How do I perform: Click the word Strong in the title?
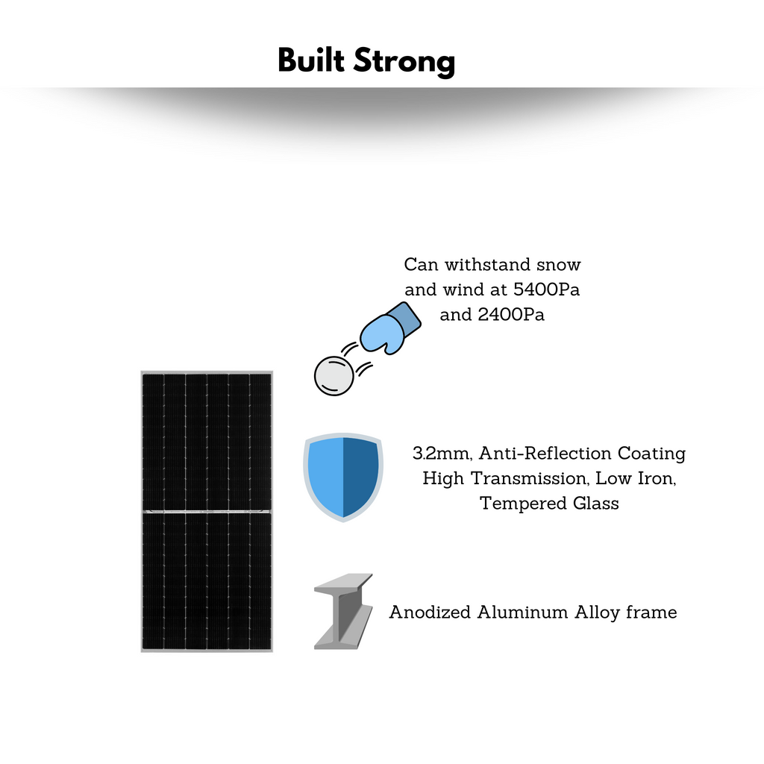click(x=404, y=62)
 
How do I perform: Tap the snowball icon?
click(x=334, y=376)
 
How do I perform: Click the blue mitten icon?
click(x=390, y=328)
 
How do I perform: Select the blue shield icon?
click(x=343, y=477)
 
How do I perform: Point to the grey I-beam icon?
click(x=343, y=611)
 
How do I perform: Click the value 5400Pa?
click(x=546, y=289)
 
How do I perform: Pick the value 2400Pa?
click(x=511, y=314)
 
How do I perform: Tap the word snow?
click(x=558, y=265)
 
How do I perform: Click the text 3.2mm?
click(x=442, y=454)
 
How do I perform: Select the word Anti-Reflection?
click(x=545, y=453)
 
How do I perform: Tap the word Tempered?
click(x=523, y=504)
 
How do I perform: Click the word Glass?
click(x=596, y=503)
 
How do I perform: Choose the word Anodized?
click(x=430, y=612)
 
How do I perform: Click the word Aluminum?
click(x=522, y=612)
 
